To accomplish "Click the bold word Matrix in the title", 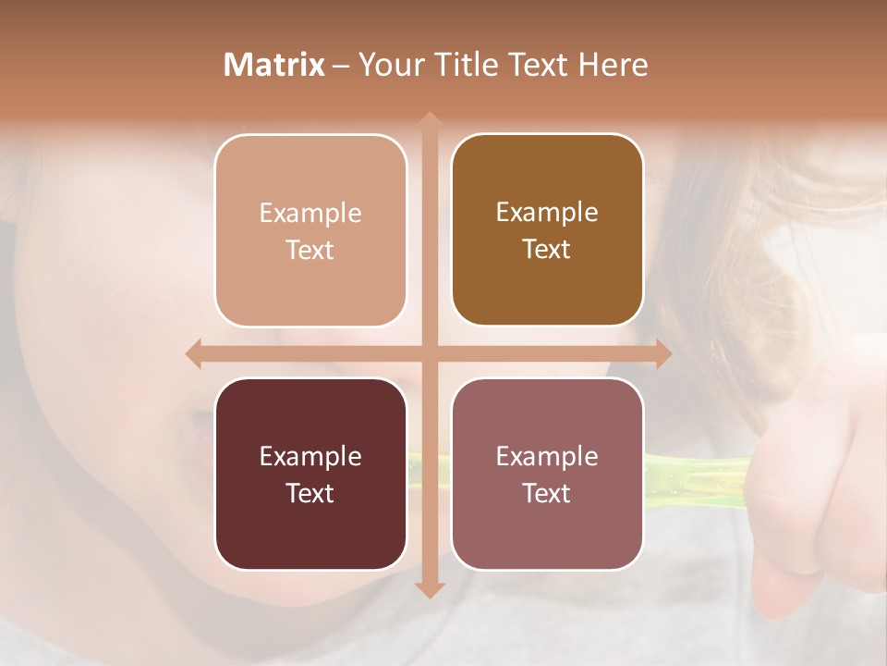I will point(274,65).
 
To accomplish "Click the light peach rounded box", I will point(310,231).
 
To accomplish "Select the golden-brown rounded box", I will point(547,230).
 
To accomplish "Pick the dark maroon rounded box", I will point(310,474).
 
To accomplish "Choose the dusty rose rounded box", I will point(547,474).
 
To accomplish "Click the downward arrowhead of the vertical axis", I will point(429,589).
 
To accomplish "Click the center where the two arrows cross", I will point(429,354).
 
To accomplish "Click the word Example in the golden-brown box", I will point(547,212).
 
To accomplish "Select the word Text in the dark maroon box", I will point(310,493).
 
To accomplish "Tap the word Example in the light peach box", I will point(310,213).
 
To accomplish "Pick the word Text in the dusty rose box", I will point(546,493).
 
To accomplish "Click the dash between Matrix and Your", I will point(341,66).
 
